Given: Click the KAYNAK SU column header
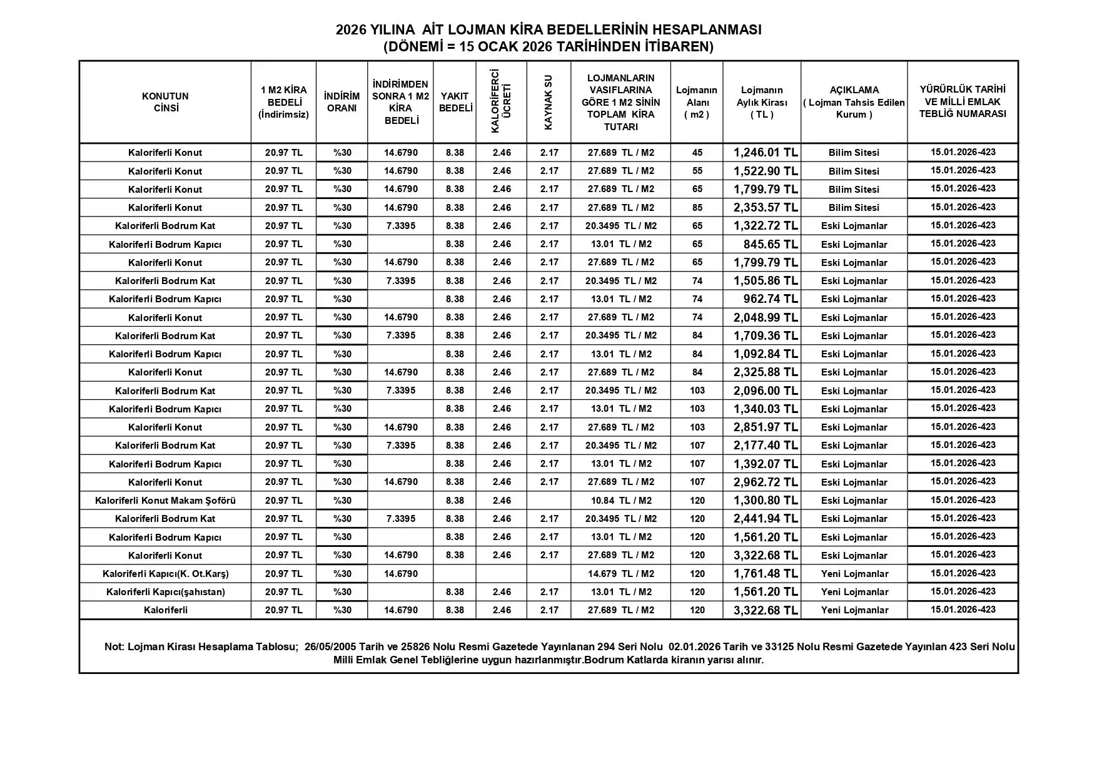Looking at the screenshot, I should tap(548, 103).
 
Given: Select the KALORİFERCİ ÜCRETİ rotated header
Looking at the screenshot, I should tap(501, 101).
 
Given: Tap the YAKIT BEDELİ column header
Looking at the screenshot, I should tap(455, 102).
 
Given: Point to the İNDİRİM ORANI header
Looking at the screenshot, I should tap(341, 102).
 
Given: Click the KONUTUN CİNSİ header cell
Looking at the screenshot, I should tap(165, 102).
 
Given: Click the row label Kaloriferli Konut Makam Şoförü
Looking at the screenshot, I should tap(165, 501).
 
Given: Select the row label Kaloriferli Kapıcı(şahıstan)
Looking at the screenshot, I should tap(165, 592).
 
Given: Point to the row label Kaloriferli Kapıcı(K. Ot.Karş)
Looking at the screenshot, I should tap(165, 573).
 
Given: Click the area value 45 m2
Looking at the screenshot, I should tap(697, 153).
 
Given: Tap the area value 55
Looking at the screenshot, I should tap(697, 171).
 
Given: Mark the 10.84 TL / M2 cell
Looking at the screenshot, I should tap(621, 501).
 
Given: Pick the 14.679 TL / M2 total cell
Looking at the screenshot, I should tap(621, 573).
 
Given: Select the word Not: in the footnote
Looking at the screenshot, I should tap(114, 646).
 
